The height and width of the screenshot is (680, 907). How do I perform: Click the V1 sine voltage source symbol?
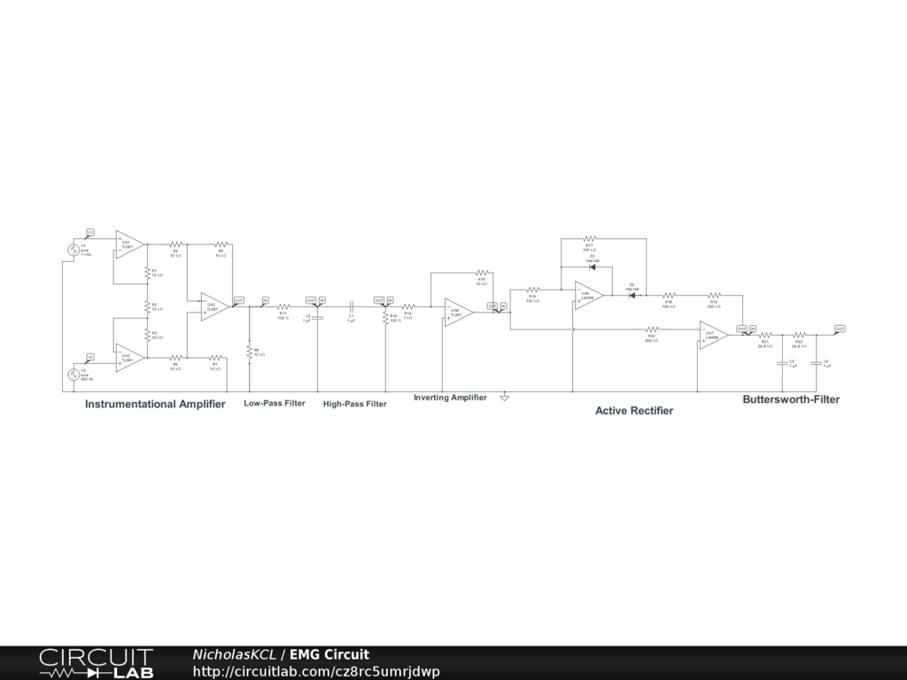coord(74,250)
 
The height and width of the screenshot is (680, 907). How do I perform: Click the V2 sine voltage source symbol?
coord(74,374)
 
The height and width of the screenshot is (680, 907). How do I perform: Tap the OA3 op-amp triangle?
coord(213,306)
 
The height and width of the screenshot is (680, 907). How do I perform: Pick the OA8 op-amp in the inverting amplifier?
coord(457,312)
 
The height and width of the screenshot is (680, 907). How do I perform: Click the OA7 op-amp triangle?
coord(712,335)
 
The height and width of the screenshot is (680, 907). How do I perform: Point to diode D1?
coord(591,268)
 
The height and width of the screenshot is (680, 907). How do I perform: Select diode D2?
coord(633,294)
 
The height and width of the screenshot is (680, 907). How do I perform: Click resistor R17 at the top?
coord(589,239)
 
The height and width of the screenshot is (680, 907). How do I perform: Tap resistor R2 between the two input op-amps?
coord(147,305)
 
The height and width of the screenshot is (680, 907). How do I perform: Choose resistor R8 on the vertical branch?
coord(250,352)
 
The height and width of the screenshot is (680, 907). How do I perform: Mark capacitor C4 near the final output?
coord(816,363)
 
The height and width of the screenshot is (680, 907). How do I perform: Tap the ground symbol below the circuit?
coord(504,398)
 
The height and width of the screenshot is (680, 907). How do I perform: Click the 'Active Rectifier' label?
coord(633,411)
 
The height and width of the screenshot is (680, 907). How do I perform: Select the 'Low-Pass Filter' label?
coord(275,404)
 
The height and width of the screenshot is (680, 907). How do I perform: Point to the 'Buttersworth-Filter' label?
coord(790,399)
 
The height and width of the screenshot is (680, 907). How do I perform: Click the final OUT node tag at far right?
coord(840,328)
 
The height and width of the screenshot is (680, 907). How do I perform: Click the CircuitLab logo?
coord(96,663)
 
